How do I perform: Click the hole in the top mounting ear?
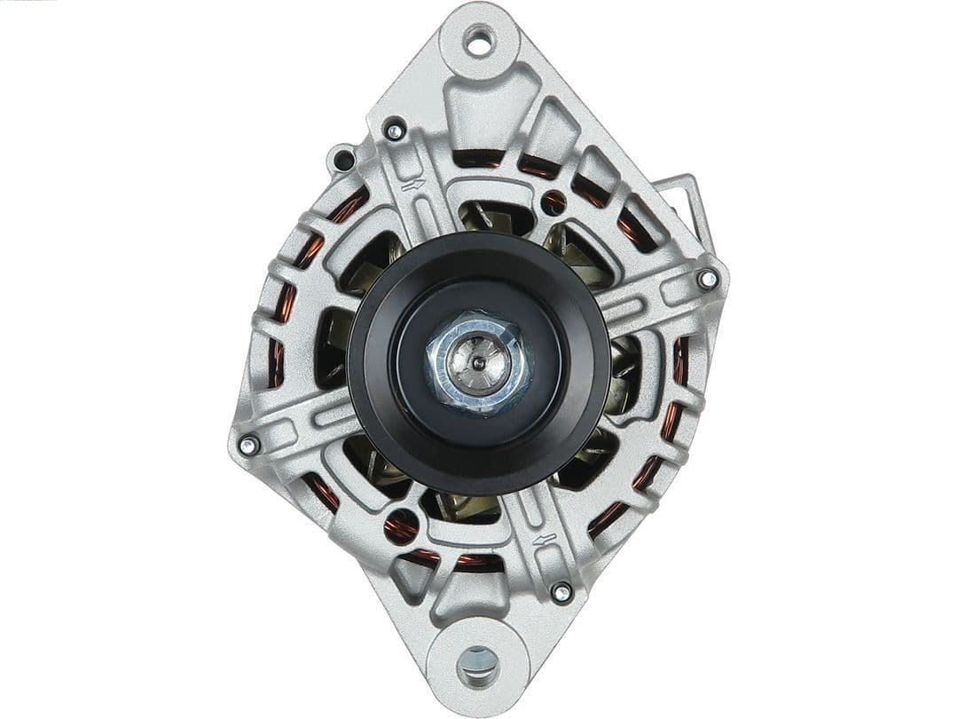tap(479, 41)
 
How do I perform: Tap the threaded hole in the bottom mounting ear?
tap(479, 661)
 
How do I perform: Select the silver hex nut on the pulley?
tap(477, 361)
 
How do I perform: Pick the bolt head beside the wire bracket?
tap(708, 280)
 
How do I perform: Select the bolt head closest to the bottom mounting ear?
tap(561, 592)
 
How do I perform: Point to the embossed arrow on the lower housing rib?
tap(545, 539)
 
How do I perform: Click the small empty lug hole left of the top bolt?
tap(342, 161)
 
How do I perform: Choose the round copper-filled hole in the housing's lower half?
tap(400, 527)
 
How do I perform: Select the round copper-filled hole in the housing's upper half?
tap(554, 202)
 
